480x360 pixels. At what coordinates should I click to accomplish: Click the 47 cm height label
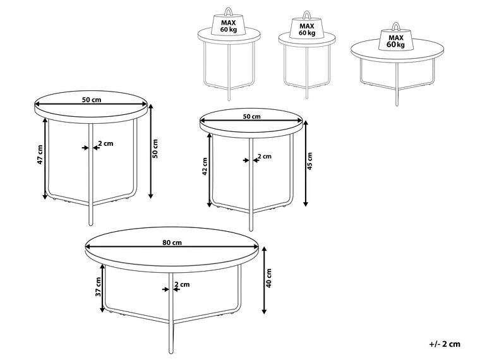click(x=40, y=155)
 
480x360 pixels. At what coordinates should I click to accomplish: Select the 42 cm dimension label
click(x=205, y=166)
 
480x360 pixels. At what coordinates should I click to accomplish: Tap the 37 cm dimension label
click(x=98, y=287)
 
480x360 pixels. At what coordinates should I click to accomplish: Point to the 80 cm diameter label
click(x=172, y=243)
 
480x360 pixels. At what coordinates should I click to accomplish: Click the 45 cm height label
click(x=309, y=161)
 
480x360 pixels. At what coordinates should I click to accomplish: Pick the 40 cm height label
click(x=269, y=278)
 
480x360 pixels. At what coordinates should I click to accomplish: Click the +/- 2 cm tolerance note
click(x=445, y=344)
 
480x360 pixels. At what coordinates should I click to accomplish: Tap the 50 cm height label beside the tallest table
click(x=155, y=148)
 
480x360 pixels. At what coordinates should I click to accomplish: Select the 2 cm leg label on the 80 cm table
click(x=182, y=284)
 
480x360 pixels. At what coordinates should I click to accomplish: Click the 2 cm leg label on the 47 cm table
click(x=105, y=143)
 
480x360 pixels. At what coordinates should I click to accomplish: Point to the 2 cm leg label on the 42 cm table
click(x=265, y=157)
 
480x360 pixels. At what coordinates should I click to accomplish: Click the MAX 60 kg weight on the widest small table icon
click(x=396, y=38)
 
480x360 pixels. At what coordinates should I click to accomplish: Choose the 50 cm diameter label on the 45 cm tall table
click(x=251, y=116)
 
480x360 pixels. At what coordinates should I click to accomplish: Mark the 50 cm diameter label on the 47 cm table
click(x=92, y=100)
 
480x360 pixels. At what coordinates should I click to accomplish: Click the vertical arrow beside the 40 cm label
click(x=265, y=280)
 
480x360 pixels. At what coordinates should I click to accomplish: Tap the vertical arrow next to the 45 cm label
click(x=306, y=163)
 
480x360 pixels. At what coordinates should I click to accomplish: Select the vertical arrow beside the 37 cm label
click(x=102, y=289)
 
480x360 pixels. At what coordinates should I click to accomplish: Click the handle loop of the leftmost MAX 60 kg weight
click(x=228, y=12)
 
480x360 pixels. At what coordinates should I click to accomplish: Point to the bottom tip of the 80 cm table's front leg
click(x=171, y=352)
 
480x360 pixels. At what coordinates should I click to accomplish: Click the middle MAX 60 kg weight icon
click(x=307, y=25)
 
